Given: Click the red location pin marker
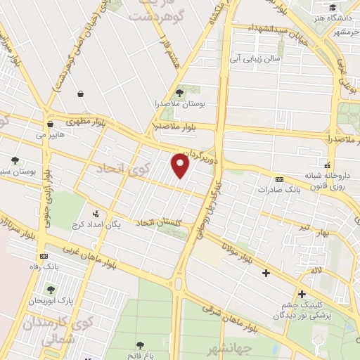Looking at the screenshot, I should [181, 166].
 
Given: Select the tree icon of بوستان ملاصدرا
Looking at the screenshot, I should [179, 92].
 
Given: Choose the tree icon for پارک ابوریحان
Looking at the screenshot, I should [51, 289].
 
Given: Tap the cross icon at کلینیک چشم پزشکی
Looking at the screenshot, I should [302, 294].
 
